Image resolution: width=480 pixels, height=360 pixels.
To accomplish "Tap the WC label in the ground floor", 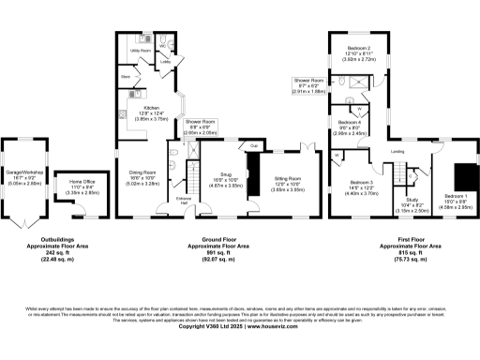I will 162,45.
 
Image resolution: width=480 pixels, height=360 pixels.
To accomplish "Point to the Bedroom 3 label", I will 362,182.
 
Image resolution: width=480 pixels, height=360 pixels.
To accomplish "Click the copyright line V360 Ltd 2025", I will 239,326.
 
